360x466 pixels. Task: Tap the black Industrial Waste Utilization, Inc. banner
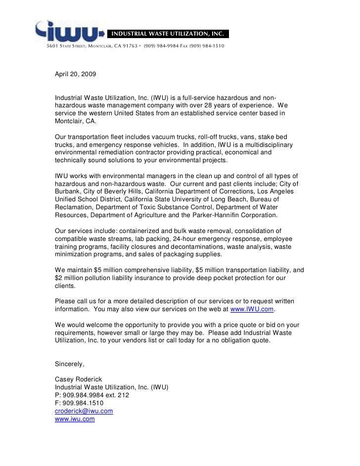coord(168,34)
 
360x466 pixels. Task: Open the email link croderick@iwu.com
coord(84,411)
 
